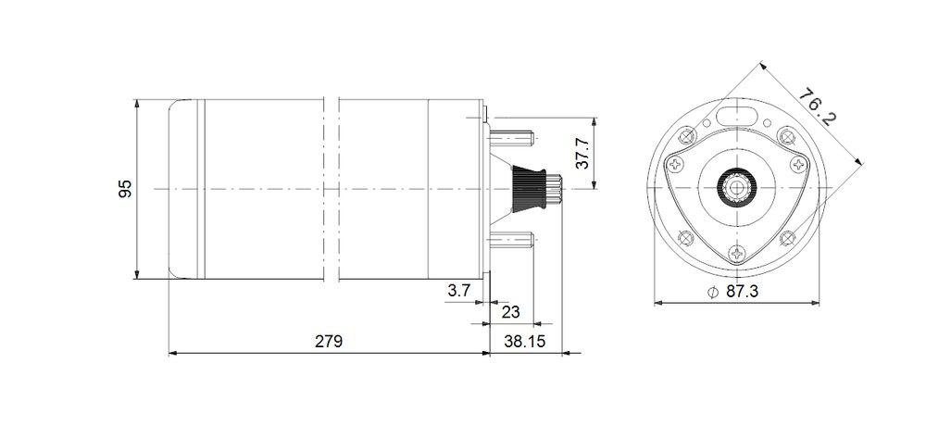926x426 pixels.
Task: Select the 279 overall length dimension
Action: click(x=328, y=341)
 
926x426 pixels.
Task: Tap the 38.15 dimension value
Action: click(x=523, y=341)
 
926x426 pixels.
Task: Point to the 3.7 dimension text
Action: click(x=459, y=291)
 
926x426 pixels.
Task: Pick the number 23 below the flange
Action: click(x=510, y=312)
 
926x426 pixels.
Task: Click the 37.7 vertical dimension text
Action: click(x=582, y=154)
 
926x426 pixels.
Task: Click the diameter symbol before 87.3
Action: click(x=711, y=292)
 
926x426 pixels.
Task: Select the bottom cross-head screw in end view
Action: click(x=737, y=252)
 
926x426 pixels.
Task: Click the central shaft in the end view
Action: click(x=737, y=188)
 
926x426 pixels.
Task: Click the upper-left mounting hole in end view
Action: click(x=687, y=137)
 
